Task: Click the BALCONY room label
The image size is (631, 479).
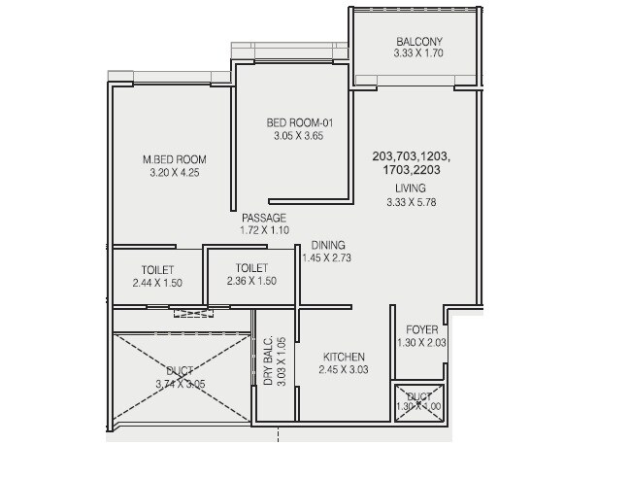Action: click(x=418, y=41)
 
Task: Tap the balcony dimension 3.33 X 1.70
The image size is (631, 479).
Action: click(x=418, y=54)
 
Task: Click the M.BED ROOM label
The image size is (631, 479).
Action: click(x=174, y=159)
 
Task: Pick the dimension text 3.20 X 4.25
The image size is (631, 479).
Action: click(x=174, y=173)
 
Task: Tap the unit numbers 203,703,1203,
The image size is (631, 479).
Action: click(x=411, y=155)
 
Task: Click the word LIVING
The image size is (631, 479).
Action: click(x=410, y=188)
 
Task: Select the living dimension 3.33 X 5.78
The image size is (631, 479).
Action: click(x=410, y=202)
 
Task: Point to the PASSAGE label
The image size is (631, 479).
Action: click(x=264, y=218)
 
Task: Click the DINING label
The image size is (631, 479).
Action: click(x=328, y=246)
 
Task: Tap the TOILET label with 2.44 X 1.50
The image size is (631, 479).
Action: click(x=157, y=269)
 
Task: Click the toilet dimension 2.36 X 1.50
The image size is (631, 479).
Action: click(x=251, y=282)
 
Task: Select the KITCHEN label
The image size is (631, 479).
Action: click(x=344, y=357)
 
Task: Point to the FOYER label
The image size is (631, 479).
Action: click(x=421, y=329)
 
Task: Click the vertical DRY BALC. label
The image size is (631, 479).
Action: click(x=269, y=362)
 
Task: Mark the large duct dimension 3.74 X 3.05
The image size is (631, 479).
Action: click(x=180, y=385)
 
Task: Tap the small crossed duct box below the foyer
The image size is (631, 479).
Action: click(x=419, y=402)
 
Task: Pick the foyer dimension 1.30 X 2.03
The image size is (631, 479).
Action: click(x=421, y=343)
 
